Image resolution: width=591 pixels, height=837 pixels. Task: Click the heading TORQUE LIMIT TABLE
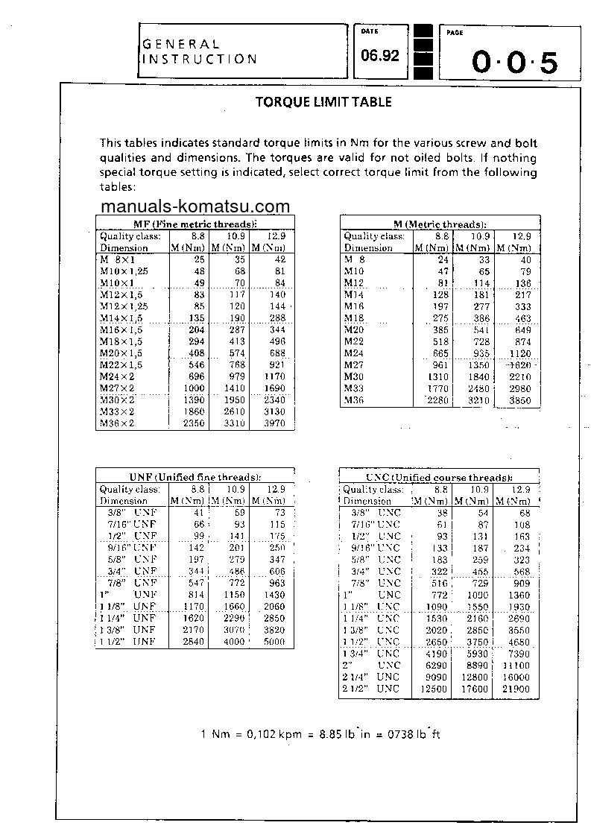coord(323,103)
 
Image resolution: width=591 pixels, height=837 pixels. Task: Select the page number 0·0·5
coord(514,63)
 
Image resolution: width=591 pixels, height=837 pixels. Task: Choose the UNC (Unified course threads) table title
coord(439,477)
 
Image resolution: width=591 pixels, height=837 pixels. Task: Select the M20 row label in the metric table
coord(354,329)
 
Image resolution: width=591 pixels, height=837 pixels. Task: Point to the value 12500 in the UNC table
coord(434,689)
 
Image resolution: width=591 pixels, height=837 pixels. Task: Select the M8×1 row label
coord(117,259)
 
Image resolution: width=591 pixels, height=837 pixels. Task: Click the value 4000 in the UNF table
coord(233,642)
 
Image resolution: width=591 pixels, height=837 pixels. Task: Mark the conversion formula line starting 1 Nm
coord(321,734)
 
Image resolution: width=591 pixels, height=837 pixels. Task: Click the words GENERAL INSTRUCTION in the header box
coord(199,52)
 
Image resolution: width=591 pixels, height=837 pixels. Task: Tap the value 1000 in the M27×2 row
coord(193,388)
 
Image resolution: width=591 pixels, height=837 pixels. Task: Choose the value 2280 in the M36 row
coord(436,400)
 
